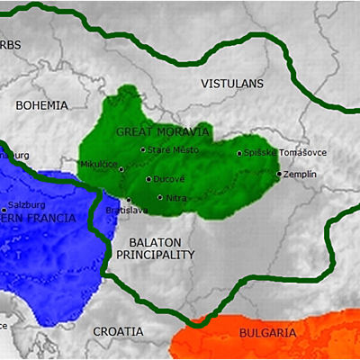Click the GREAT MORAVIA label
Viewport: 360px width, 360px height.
pyautogui.click(x=163, y=132)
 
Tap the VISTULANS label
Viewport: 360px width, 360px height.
pyautogui.click(x=232, y=84)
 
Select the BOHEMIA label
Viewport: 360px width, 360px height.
pyautogui.click(x=41, y=105)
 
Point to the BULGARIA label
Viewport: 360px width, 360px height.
pyautogui.click(x=267, y=333)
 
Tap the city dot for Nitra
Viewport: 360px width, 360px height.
pyautogui.click(x=160, y=197)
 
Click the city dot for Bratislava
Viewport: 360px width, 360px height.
pyautogui.click(x=129, y=200)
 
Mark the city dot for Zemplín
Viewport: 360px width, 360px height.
pyautogui.click(x=279, y=174)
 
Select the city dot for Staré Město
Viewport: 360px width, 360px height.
pyautogui.click(x=143, y=149)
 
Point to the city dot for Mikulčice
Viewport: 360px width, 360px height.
pyautogui.click(x=121, y=166)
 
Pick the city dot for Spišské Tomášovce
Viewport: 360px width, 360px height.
pyautogui.click(x=239, y=153)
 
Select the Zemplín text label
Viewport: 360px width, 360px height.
pyautogui.click(x=301, y=174)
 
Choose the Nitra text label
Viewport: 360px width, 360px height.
pyautogui.click(x=175, y=197)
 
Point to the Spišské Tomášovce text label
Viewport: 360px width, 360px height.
pyautogui.click(x=279, y=153)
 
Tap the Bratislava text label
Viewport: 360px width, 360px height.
pyautogui.click(x=127, y=211)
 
